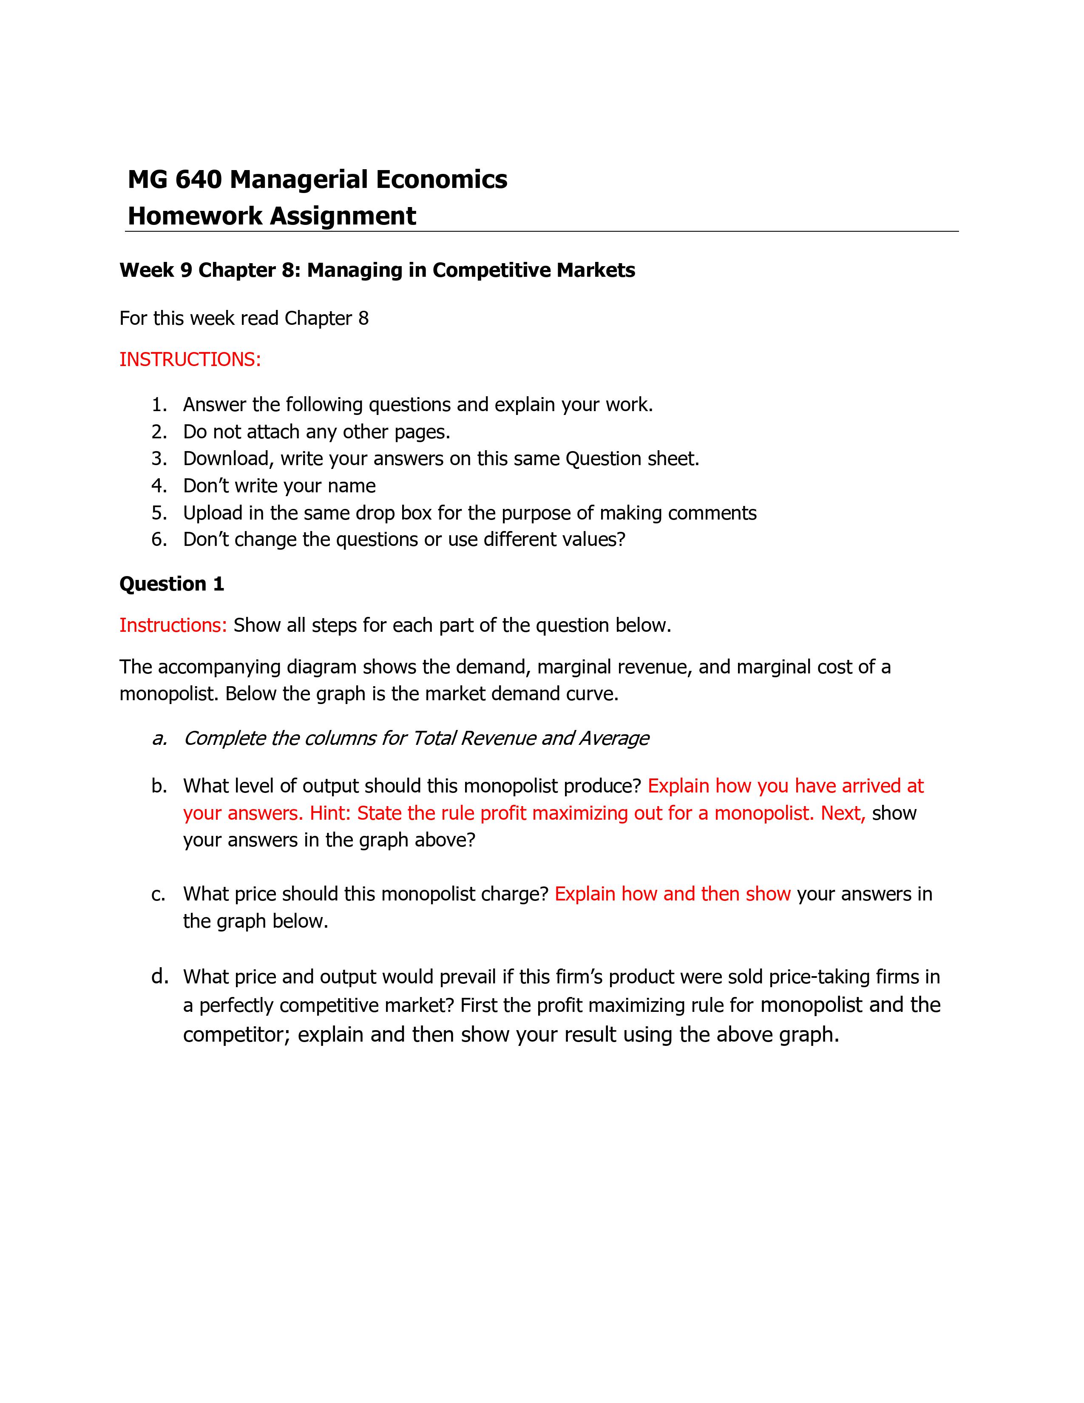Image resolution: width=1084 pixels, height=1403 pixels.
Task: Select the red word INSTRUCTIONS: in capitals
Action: [x=190, y=359]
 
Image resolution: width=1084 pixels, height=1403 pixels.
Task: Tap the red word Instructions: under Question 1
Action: [x=173, y=625]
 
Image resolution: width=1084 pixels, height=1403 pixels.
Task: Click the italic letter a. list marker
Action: [x=159, y=738]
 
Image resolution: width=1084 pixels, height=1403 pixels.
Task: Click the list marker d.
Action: [x=160, y=977]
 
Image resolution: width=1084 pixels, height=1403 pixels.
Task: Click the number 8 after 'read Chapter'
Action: [x=363, y=318]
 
